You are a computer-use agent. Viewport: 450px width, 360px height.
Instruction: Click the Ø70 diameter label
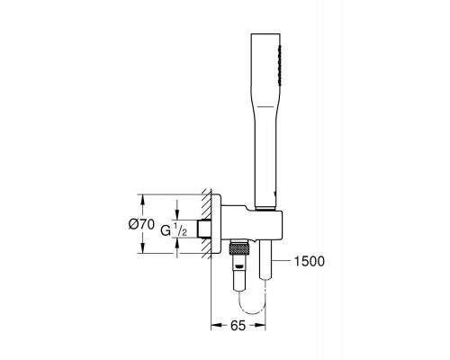pos(141,224)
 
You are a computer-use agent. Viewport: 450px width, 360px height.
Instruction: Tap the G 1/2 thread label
pos(174,230)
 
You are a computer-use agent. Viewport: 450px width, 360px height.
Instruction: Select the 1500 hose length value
pos(310,261)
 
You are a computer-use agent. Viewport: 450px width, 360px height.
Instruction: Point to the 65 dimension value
pos(238,326)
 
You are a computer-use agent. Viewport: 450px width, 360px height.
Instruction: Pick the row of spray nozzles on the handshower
pos(280,66)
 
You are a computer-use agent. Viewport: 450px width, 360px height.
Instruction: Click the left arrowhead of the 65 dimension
pos(217,326)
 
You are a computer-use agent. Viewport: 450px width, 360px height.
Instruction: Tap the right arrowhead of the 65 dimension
pos(260,326)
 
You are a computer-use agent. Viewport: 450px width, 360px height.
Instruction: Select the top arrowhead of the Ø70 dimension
pos(143,200)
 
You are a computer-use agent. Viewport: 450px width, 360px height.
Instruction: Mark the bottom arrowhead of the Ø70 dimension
pos(143,247)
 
